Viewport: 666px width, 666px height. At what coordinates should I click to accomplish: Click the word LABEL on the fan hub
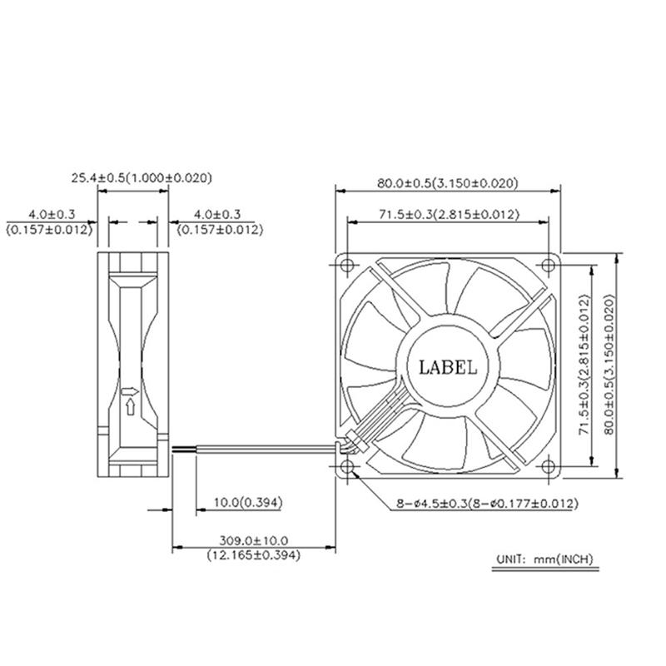(448, 367)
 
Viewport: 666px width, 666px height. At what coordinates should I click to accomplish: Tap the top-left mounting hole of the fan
(347, 266)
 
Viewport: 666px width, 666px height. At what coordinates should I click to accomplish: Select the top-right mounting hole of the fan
(549, 266)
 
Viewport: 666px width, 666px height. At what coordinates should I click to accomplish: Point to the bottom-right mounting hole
(549, 466)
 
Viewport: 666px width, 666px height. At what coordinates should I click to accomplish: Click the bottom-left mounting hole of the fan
(347, 466)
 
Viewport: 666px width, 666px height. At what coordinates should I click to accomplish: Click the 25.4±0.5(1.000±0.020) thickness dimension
(142, 177)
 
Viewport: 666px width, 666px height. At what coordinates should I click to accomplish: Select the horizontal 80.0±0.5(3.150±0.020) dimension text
(448, 183)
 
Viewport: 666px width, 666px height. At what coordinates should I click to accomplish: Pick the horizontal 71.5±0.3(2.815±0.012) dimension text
(449, 214)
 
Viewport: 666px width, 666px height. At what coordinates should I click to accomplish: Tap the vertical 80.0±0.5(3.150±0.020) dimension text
(609, 364)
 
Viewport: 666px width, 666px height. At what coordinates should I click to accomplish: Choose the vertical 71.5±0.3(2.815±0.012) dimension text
(585, 364)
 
